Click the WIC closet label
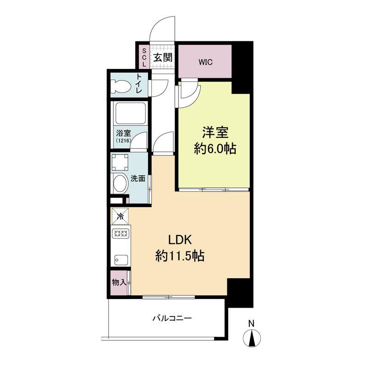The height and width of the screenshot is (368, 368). tap(205, 62)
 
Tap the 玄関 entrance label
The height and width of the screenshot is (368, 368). tap(163, 57)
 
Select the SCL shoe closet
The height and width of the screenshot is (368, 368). tap(144, 57)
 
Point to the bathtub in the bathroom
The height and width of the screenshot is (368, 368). tap(131, 113)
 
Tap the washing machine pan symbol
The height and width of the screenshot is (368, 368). tap(120, 162)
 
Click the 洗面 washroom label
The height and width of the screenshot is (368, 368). tap(138, 178)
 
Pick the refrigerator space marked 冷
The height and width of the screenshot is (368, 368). tap(120, 216)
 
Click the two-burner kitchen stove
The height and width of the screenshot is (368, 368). tap(121, 233)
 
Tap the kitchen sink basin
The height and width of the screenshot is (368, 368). tap(121, 260)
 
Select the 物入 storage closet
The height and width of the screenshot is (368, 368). tap(119, 282)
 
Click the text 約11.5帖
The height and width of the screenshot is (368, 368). tap(179, 256)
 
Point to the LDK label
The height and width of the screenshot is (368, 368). tap(180, 240)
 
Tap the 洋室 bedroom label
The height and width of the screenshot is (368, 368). tap(215, 132)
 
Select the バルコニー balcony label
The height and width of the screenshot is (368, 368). tap(172, 318)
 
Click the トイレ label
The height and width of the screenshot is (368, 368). tap(139, 84)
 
